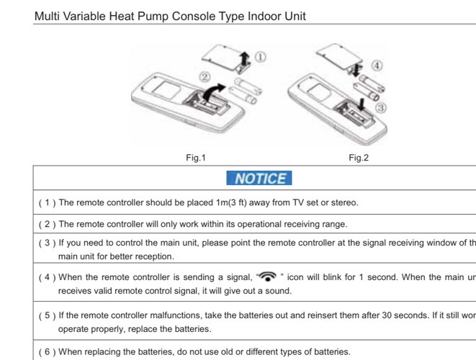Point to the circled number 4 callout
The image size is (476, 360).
(377, 66)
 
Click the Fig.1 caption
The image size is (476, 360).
(195, 158)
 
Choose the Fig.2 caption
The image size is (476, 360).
(358, 158)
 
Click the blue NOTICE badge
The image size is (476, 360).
(259, 178)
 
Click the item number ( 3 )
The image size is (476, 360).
(46, 243)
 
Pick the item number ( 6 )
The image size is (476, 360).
(46, 351)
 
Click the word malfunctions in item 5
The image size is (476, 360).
(171, 315)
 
